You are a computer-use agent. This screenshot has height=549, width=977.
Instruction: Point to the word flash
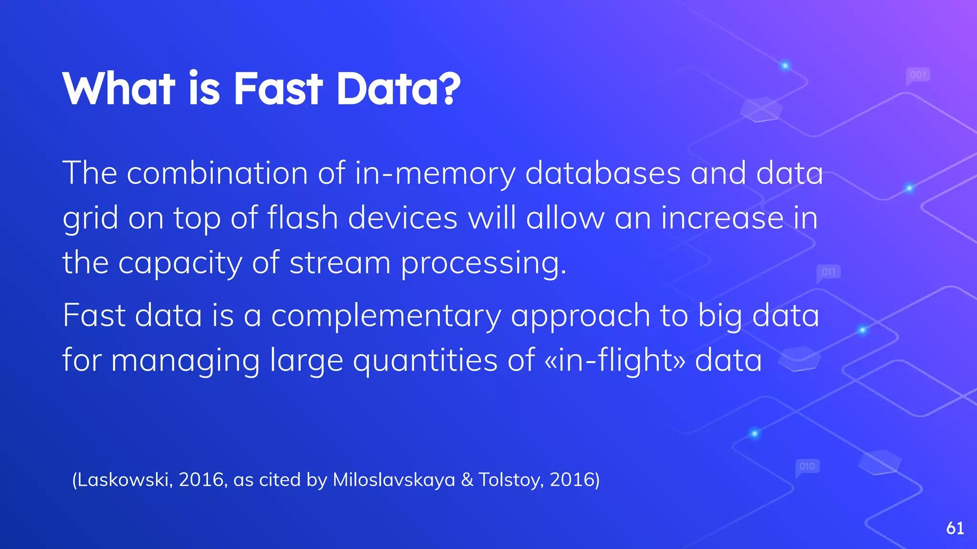[x=302, y=218]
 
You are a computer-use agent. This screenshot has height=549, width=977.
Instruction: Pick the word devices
[x=403, y=218]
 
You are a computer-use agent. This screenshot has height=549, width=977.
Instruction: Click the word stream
[x=340, y=263]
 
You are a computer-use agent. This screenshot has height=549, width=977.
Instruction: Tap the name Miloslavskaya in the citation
[x=394, y=479]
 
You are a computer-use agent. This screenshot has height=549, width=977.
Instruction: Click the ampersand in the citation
[x=467, y=479]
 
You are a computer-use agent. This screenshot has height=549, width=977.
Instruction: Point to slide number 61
[x=955, y=528]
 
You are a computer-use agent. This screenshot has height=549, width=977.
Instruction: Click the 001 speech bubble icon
[x=918, y=75]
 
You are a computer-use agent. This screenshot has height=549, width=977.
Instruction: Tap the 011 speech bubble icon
[x=829, y=272]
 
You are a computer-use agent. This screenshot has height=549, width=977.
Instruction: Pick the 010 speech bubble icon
[x=807, y=466]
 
